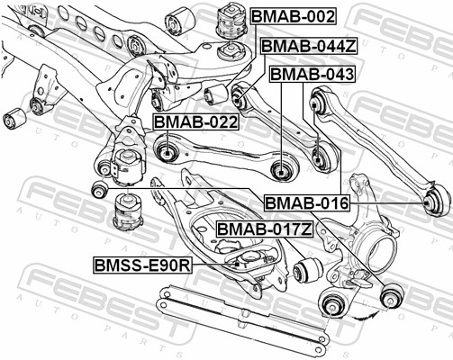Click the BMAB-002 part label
click(x=293, y=16)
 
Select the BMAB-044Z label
click(x=307, y=44)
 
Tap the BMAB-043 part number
click(x=312, y=74)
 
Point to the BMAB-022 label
click(x=195, y=121)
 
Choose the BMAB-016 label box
click(x=305, y=204)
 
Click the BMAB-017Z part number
click(x=265, y=229)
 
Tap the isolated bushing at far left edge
click(x=14, y=117)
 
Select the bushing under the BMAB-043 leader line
click(x=321, y=162)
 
